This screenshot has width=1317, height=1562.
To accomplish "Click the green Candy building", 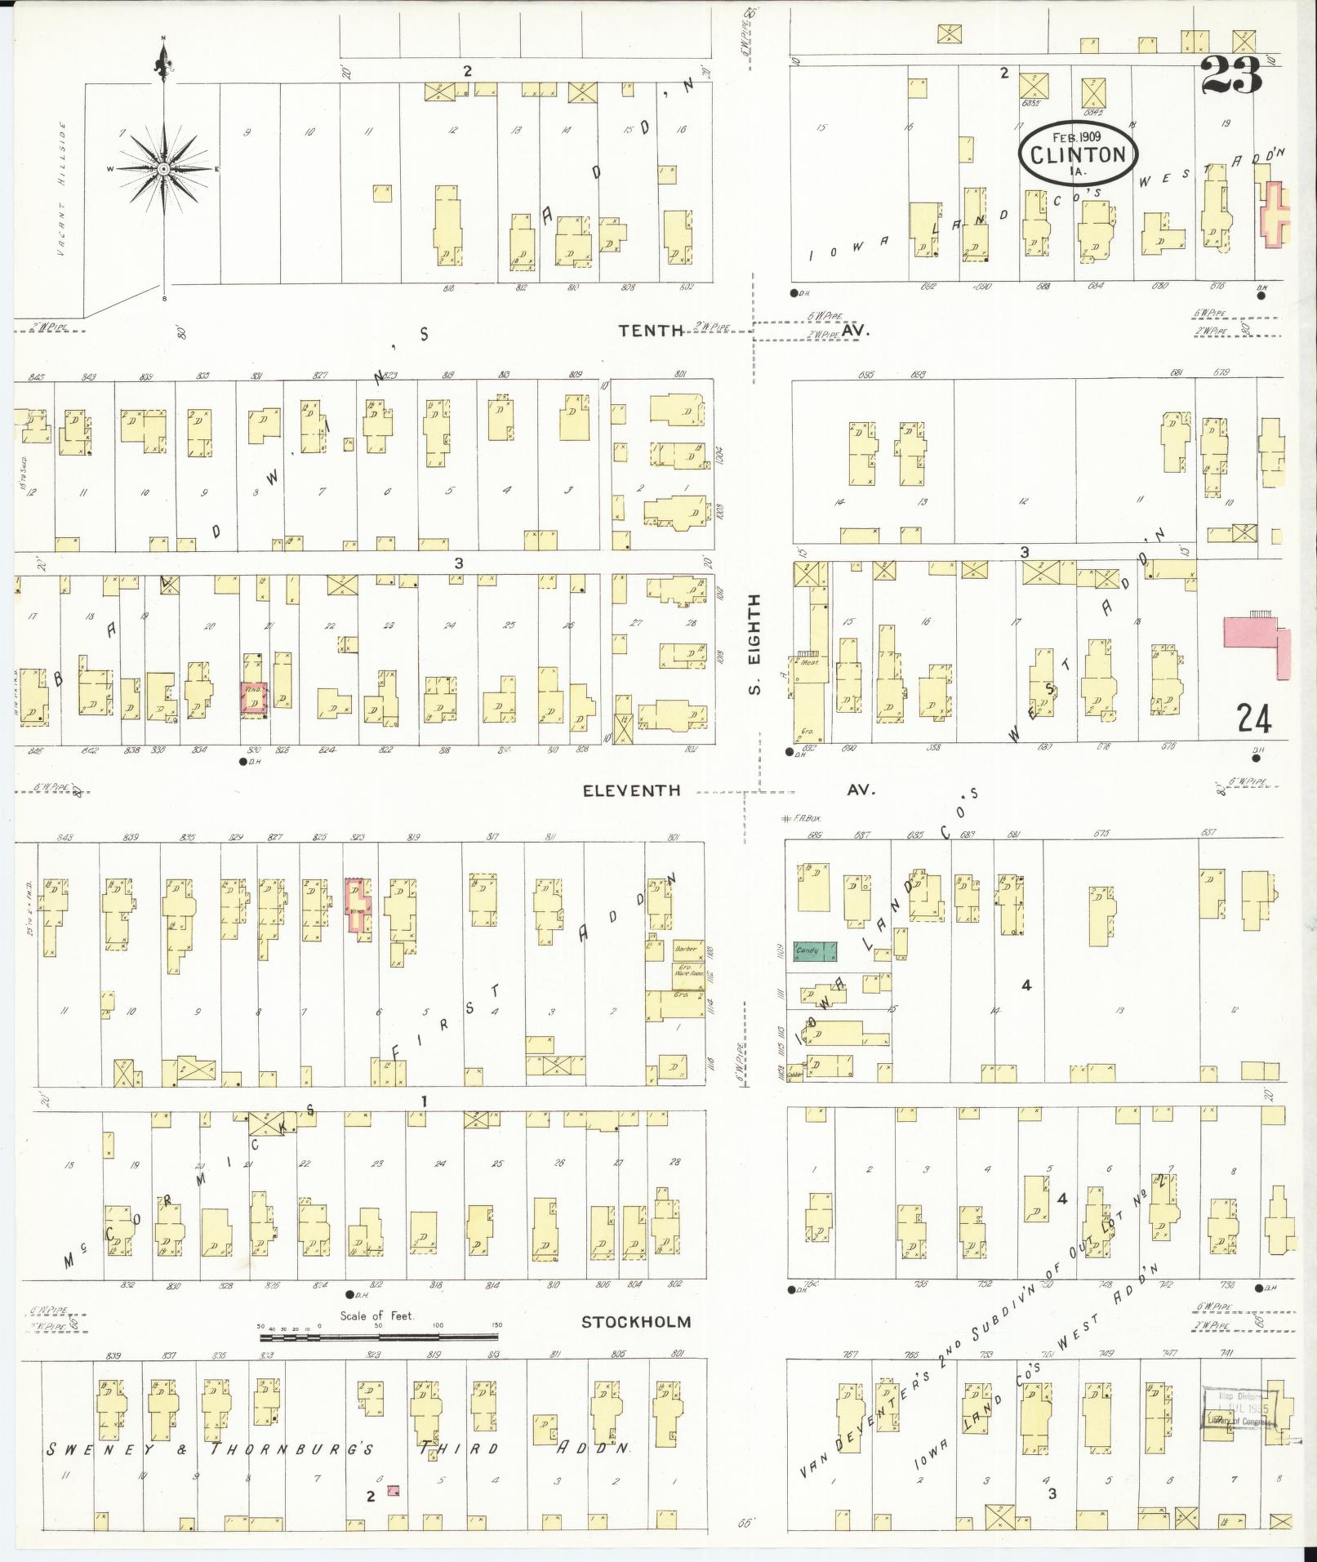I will tap(816, 951).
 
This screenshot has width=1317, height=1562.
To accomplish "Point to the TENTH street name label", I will tap(651, 330).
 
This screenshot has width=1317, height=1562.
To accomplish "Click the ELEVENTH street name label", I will tap(631, 790).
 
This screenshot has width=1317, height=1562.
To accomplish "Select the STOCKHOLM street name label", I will tap(636, 1322).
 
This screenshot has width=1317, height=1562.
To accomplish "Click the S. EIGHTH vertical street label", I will tap(755, 645).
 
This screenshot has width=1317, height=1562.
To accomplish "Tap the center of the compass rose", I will tap(164, 169).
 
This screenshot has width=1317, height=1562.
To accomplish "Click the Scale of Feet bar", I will tap(379, 1337).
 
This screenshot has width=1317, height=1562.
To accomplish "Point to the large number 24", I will tap(1253, 719).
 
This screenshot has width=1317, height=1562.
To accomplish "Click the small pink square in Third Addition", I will tap(394, 1490).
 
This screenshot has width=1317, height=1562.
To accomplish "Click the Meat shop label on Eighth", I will tap(810, 662).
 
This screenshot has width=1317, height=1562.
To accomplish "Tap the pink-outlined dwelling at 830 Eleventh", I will tap(254, 700).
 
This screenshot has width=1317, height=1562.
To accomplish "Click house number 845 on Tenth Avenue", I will tap(36, 376).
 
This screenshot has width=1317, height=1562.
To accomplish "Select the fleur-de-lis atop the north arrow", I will tap(163, 61).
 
